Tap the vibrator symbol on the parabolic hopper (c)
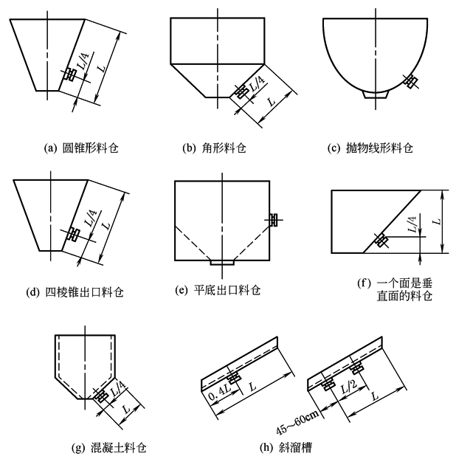tap(410, 80)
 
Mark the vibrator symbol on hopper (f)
tap(381, 240)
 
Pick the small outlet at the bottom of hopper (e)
tap(222, 262)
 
